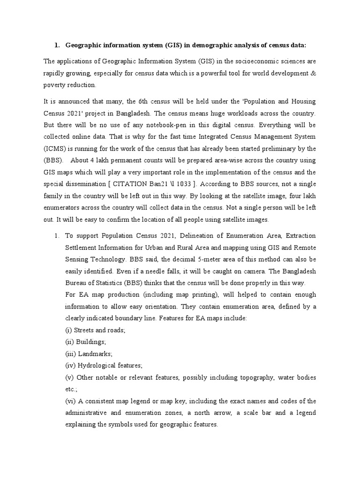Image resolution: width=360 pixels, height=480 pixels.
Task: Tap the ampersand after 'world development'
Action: coord(313,73)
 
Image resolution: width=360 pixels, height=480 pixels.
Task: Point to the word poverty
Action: coord(55,85)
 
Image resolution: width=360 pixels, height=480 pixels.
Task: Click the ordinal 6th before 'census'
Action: coord(135,102)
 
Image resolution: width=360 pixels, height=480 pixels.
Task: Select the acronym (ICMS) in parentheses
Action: coord(56,149)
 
